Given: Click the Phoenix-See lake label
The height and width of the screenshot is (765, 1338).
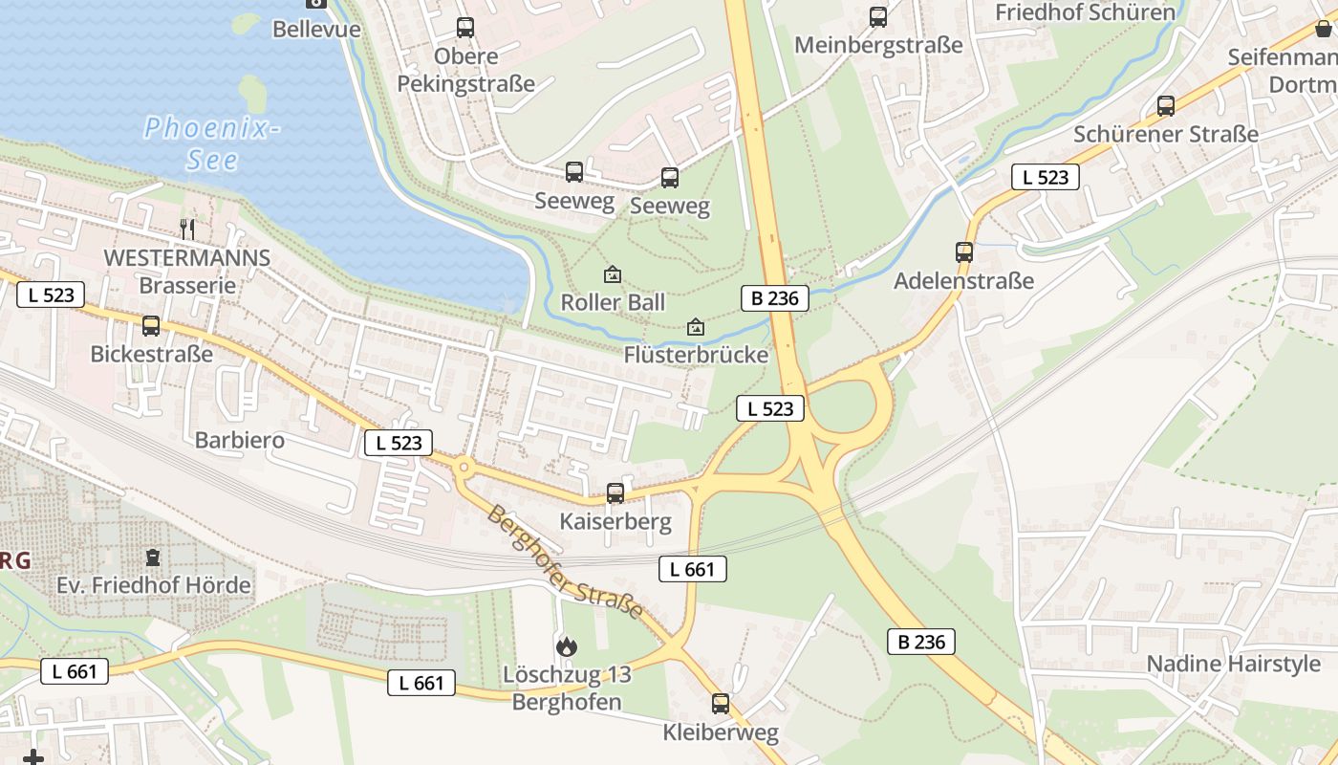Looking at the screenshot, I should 211,142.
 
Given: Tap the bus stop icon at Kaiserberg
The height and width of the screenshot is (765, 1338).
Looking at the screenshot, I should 615,493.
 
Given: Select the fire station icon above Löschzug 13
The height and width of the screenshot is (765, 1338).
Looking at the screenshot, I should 567,646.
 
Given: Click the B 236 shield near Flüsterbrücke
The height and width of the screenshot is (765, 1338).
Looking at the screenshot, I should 775,297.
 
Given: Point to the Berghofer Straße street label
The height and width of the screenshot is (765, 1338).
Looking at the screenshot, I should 564,562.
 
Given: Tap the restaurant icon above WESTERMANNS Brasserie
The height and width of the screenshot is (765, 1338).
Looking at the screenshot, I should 188,229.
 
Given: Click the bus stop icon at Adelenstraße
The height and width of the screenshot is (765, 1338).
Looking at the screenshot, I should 964,252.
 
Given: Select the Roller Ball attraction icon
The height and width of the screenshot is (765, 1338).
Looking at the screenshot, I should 613,275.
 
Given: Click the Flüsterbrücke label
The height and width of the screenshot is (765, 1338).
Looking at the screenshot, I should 696,355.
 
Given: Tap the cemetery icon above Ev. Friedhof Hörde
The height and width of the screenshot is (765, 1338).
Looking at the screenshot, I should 153,557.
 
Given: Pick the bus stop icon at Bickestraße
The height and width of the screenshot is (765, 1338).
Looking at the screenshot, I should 151,326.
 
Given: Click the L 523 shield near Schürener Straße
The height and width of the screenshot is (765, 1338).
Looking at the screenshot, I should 1046,177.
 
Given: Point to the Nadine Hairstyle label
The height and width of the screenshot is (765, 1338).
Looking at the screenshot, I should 1234,664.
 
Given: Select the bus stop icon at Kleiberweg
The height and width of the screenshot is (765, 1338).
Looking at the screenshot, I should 721,704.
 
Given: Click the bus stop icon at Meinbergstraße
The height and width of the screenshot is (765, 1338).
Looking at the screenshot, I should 878,17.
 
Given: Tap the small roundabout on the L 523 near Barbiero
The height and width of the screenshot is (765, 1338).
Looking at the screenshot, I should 464,468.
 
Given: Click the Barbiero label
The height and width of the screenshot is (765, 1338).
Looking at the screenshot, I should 240,440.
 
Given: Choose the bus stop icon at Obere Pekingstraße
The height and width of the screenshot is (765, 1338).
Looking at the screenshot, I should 465,28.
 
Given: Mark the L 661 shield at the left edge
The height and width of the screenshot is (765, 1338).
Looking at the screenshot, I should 75,671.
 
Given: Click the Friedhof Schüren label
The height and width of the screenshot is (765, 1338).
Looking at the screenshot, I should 1085,12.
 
